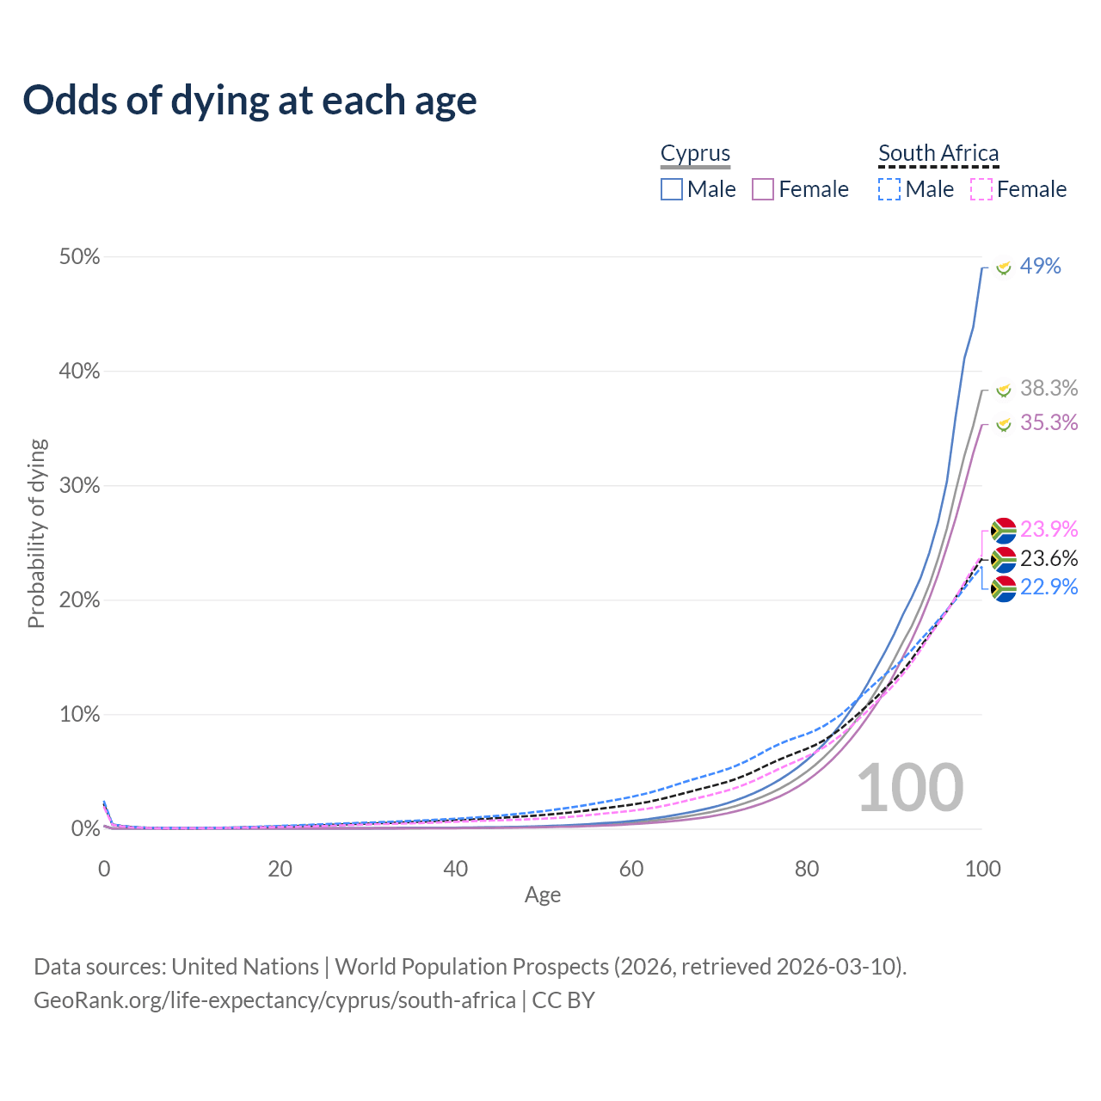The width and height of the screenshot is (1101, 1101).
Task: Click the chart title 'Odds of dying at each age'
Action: click(x=249, y=101)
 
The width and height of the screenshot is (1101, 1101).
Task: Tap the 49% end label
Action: click(x=1040, y=267)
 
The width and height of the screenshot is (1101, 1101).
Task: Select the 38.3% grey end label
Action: click(x=1049, y=389)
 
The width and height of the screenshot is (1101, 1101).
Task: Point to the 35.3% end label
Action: click(x=1049, y=422)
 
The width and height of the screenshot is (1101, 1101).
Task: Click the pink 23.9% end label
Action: click(x=1049, y=529)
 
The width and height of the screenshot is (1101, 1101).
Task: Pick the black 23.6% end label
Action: click(x=1049, y=559)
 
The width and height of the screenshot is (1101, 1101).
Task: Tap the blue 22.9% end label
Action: click(x=1049, y=587)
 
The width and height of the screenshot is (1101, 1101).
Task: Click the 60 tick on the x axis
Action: click(x=631, y=869)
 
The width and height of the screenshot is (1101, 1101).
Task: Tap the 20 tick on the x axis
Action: click(x=280, y=869)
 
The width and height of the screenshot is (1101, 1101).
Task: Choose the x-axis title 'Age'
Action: click(x=543, y=895)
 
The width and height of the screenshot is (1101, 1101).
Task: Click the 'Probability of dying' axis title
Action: click(x=36, y=533)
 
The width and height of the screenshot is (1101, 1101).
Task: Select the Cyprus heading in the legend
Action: click(x=695, y=153)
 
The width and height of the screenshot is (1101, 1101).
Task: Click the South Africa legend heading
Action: click(x=938, y=153)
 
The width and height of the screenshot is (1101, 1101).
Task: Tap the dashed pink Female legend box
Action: click(x=981, y=189)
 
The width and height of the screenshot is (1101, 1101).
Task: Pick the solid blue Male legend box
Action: click(x=672, y=189)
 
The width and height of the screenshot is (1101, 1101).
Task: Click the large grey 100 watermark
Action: click(x=910, y=788)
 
